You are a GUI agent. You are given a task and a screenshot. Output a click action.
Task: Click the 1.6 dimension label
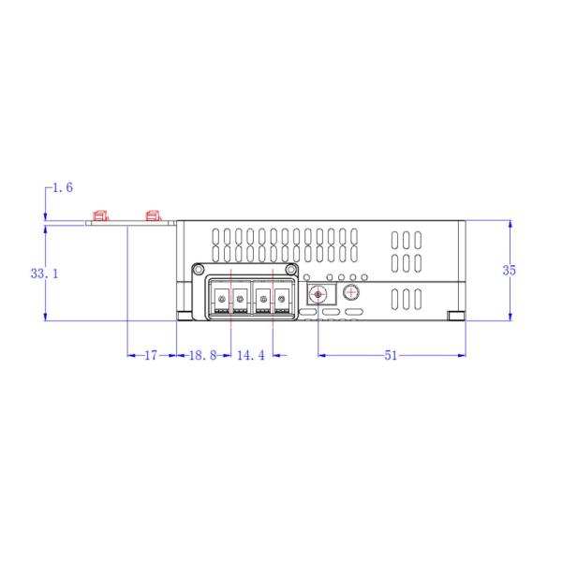pos(63,188)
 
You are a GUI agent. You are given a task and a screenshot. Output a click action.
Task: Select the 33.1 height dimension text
pos(44,274)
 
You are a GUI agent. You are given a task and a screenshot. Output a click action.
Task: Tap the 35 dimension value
pos(510,270)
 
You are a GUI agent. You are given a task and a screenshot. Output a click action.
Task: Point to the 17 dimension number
pos(150,356)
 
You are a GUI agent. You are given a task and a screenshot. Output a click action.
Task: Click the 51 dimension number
pos(392,356)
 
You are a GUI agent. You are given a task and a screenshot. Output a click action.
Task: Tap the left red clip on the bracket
pos(98,216)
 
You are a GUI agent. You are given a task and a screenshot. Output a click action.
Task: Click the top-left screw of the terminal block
pos(199,270)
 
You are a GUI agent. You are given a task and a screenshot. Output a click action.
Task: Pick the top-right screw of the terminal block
pos(291,270)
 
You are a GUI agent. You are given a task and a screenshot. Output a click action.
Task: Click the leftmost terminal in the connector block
pos(220,299)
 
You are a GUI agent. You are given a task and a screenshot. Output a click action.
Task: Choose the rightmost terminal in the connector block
pos(282,299)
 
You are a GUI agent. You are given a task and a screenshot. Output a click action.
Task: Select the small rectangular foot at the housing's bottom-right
pos(455,315)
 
